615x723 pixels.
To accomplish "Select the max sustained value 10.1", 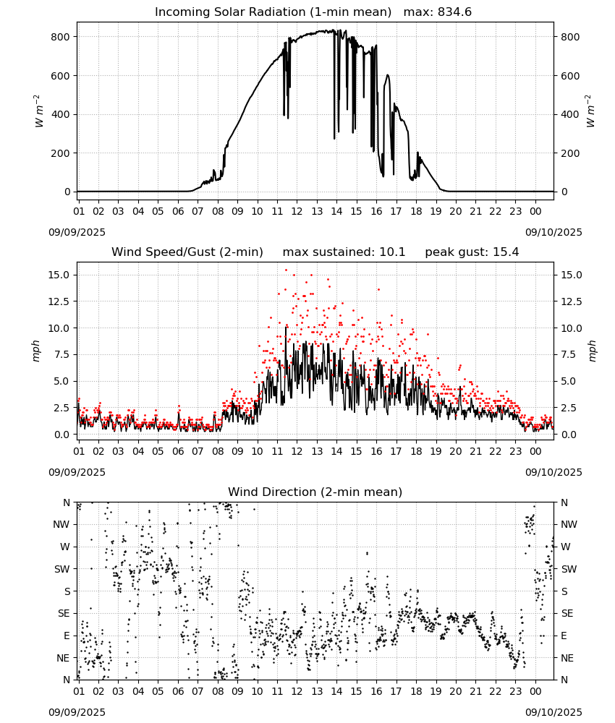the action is pos(392,252).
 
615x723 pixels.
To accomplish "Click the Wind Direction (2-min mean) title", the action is pos(315,492).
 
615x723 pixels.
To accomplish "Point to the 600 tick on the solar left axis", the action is pos(61,76).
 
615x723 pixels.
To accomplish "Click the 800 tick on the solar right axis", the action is pos(570,37).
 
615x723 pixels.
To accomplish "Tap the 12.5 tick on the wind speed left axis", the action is pos(59,301).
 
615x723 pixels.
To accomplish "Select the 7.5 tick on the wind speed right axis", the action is pos(567,354).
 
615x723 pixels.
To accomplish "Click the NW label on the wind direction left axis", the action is pos(61,525).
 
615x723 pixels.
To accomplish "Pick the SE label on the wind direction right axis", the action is pos(567,613).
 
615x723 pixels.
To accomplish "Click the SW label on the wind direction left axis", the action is pos(62,569).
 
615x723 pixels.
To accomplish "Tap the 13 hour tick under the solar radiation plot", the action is pos(317,211).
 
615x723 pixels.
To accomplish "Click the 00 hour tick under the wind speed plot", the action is pos(535,451).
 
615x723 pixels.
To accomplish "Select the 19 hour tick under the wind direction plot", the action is pos(436,691).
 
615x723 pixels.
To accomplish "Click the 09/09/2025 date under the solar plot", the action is pos(77,232).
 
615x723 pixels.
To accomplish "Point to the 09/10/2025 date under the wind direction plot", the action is pos(553,712).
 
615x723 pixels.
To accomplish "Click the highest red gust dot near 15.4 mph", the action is pos(286,270).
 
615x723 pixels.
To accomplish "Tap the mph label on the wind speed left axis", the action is pos(36,351).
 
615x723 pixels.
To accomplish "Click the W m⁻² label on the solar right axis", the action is pos(590,111).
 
